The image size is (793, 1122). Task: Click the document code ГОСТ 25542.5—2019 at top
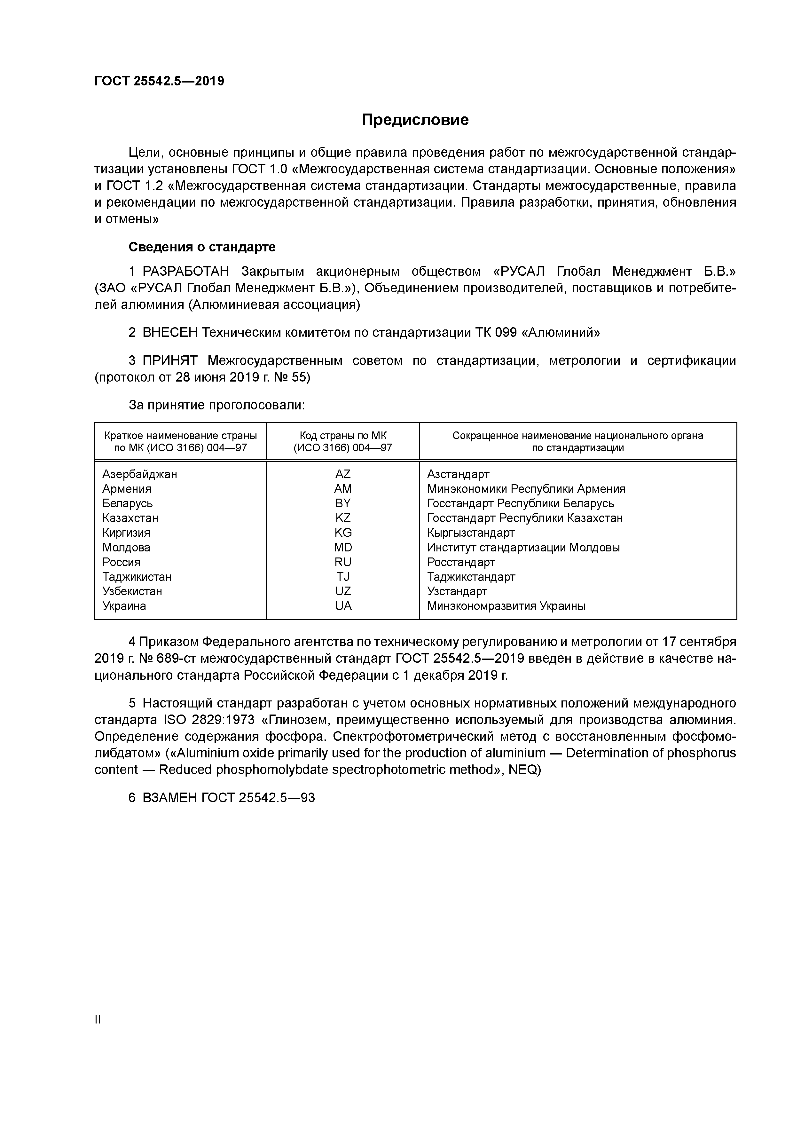coord(159,81)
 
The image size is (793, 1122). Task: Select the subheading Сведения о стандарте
coord(202,247)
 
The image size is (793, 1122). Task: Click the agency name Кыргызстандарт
coord(470,533)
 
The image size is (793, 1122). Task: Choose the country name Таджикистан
coord(137,577)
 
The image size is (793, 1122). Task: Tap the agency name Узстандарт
coord(457,591)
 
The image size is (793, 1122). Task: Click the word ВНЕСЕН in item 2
coord(170,333)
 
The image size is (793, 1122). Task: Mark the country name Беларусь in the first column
coord(128,503)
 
